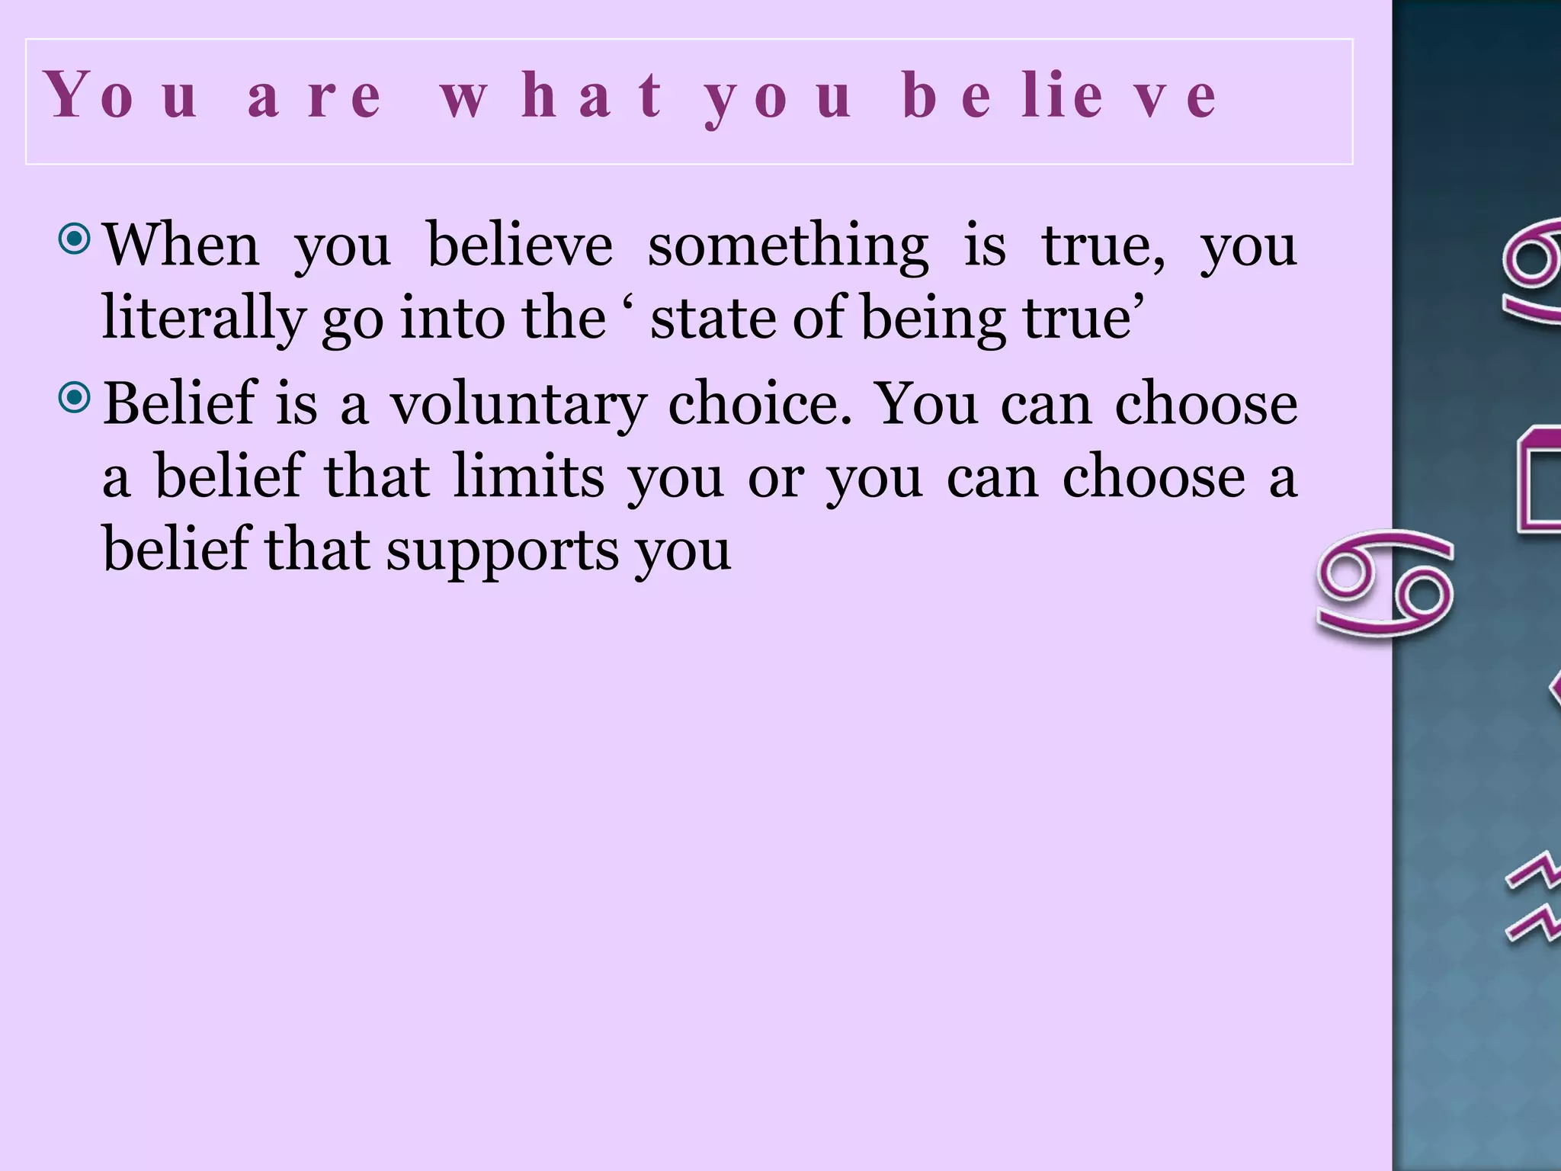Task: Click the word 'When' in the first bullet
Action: (181, 245)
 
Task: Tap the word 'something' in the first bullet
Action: (788, 247)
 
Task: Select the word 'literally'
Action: (203, 319)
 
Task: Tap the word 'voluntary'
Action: (519, 404)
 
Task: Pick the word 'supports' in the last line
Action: (502, 550)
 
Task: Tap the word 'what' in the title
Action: (552, 97)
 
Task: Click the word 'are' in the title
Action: (314, 97)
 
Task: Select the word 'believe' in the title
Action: (1059, 97)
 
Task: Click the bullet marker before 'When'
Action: (75, 240)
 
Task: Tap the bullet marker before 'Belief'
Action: (75, 397)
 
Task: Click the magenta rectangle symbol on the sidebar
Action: (1538, 480)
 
